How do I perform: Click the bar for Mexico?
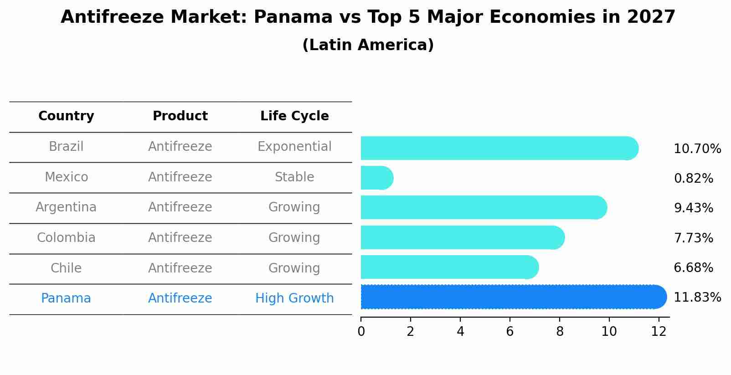tap(376, 178)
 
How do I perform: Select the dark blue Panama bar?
tap(513, 297)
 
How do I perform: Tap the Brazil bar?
tap(499, 148)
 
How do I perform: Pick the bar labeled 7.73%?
tap(462, 237)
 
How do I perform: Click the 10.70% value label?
tap(697, 149)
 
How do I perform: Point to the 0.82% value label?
tap(693, 179)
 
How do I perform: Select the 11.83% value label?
tap(697, 298)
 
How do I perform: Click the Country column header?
tap(66, 116)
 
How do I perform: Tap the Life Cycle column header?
tap(294, 116)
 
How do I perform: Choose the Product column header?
tap(180, 116)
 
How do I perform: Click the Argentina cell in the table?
tap(66, 207)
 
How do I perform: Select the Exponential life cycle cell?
tap(294, 147)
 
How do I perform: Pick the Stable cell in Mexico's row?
tap(294, 177)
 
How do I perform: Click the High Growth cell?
tap(294, 298)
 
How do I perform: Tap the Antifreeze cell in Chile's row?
tap(180, 268)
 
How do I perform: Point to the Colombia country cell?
tap(66, 238)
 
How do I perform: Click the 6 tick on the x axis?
tap(510, 332)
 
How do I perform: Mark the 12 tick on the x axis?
tap(659, 332)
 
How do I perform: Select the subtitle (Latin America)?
tap(368, 45)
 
